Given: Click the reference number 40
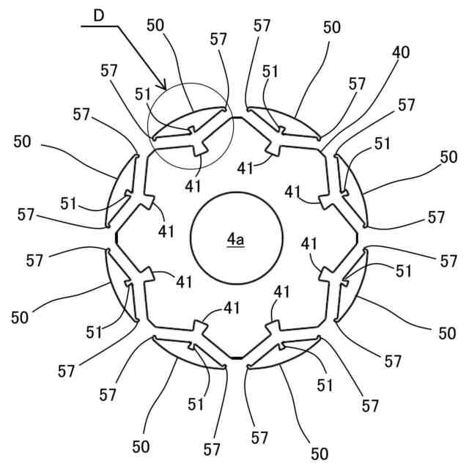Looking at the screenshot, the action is click(401, 52).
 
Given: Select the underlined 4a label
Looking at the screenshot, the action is click(235, 239).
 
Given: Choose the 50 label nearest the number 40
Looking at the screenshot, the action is click(332, 27).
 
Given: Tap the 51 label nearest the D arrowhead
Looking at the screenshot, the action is click(143, 93).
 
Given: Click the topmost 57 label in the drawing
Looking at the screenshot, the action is click(262, 25).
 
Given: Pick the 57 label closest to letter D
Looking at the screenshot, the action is click(110, 70).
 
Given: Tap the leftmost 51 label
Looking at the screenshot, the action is click(70, 202).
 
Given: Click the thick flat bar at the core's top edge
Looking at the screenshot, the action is click(236, 117).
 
